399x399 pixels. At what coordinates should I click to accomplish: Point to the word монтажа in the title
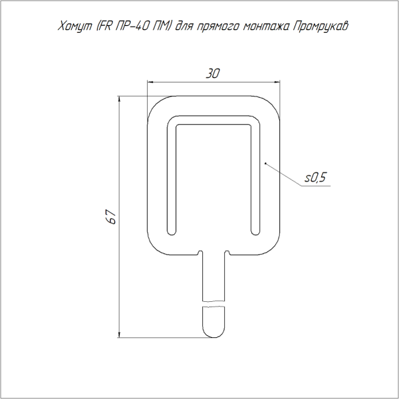[265, 27]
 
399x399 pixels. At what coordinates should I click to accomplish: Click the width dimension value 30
[212, 73]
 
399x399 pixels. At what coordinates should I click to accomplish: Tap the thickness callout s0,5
[316, 178]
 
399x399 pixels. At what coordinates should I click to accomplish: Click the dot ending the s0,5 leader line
[265, 162]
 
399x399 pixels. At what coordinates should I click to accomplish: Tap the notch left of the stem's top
[201, 252]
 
